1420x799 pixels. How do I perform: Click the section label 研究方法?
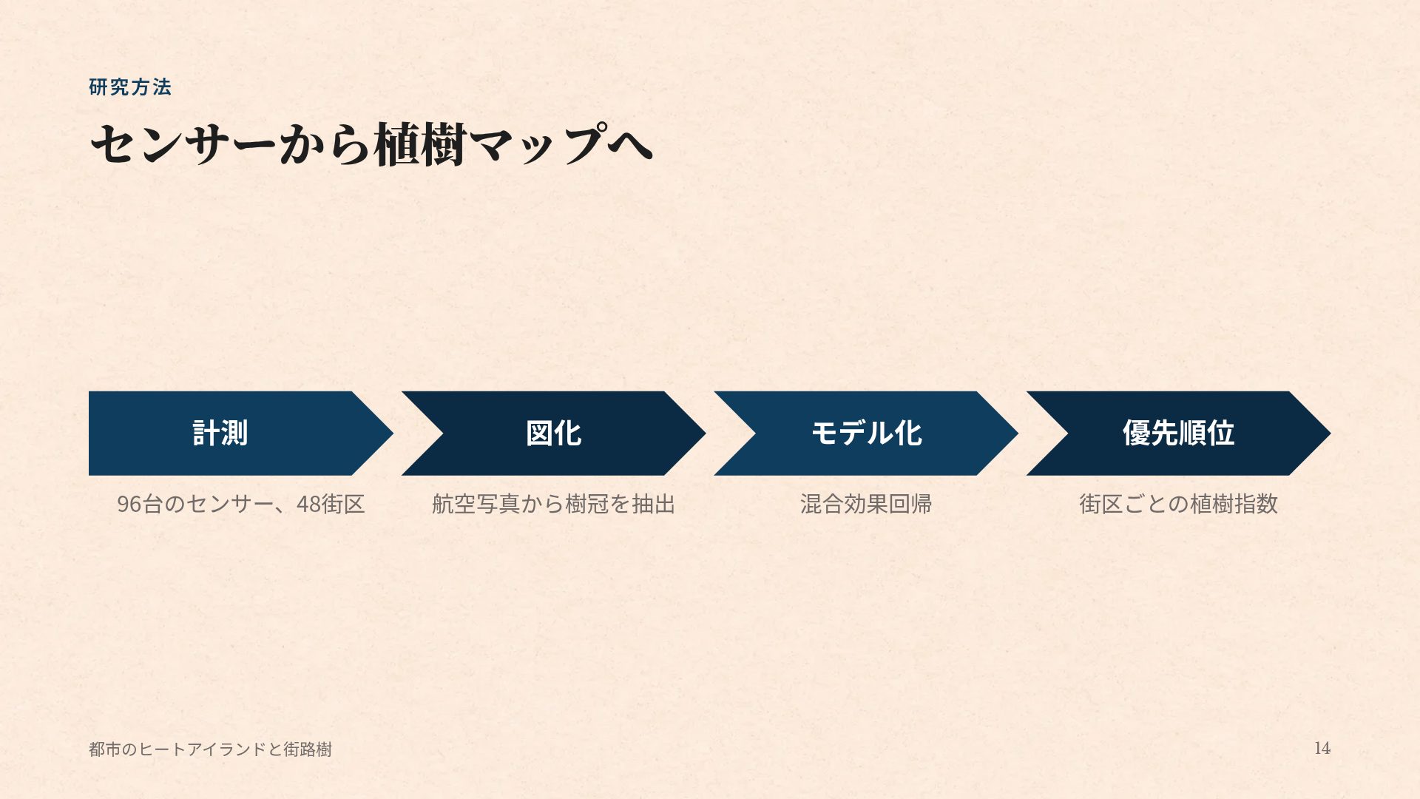click(130, 87)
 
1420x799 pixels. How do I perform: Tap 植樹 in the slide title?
click(420, 144)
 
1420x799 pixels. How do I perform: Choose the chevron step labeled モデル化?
click(866, 433)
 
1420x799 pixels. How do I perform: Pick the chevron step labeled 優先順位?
click(1178, 433)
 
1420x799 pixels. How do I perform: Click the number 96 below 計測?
click(129, 504)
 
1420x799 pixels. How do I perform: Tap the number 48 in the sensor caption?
click(308, 504)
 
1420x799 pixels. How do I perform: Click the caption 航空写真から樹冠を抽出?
click(553, 504)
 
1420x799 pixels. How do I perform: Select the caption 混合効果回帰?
click(866, 504)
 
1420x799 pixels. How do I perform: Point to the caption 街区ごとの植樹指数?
click(1178, 504)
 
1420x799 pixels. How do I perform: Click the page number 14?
click(1322, 748)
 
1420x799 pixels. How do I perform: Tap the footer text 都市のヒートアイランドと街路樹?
click(210, 749)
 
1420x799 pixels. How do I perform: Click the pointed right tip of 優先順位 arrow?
click(1330, 433)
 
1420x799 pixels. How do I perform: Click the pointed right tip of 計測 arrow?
click(392, 433)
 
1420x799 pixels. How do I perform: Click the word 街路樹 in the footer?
click(308, 749)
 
